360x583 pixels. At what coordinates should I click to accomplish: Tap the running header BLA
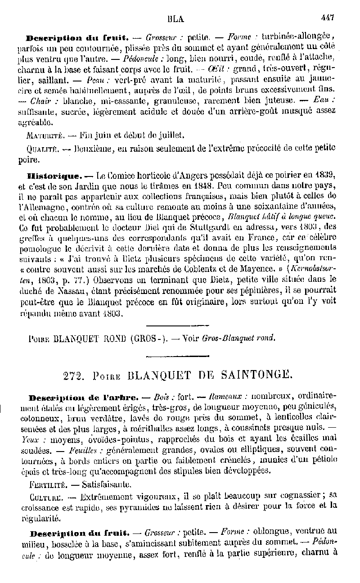click(176, 19)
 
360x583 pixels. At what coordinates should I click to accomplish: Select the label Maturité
click(44, 135)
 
